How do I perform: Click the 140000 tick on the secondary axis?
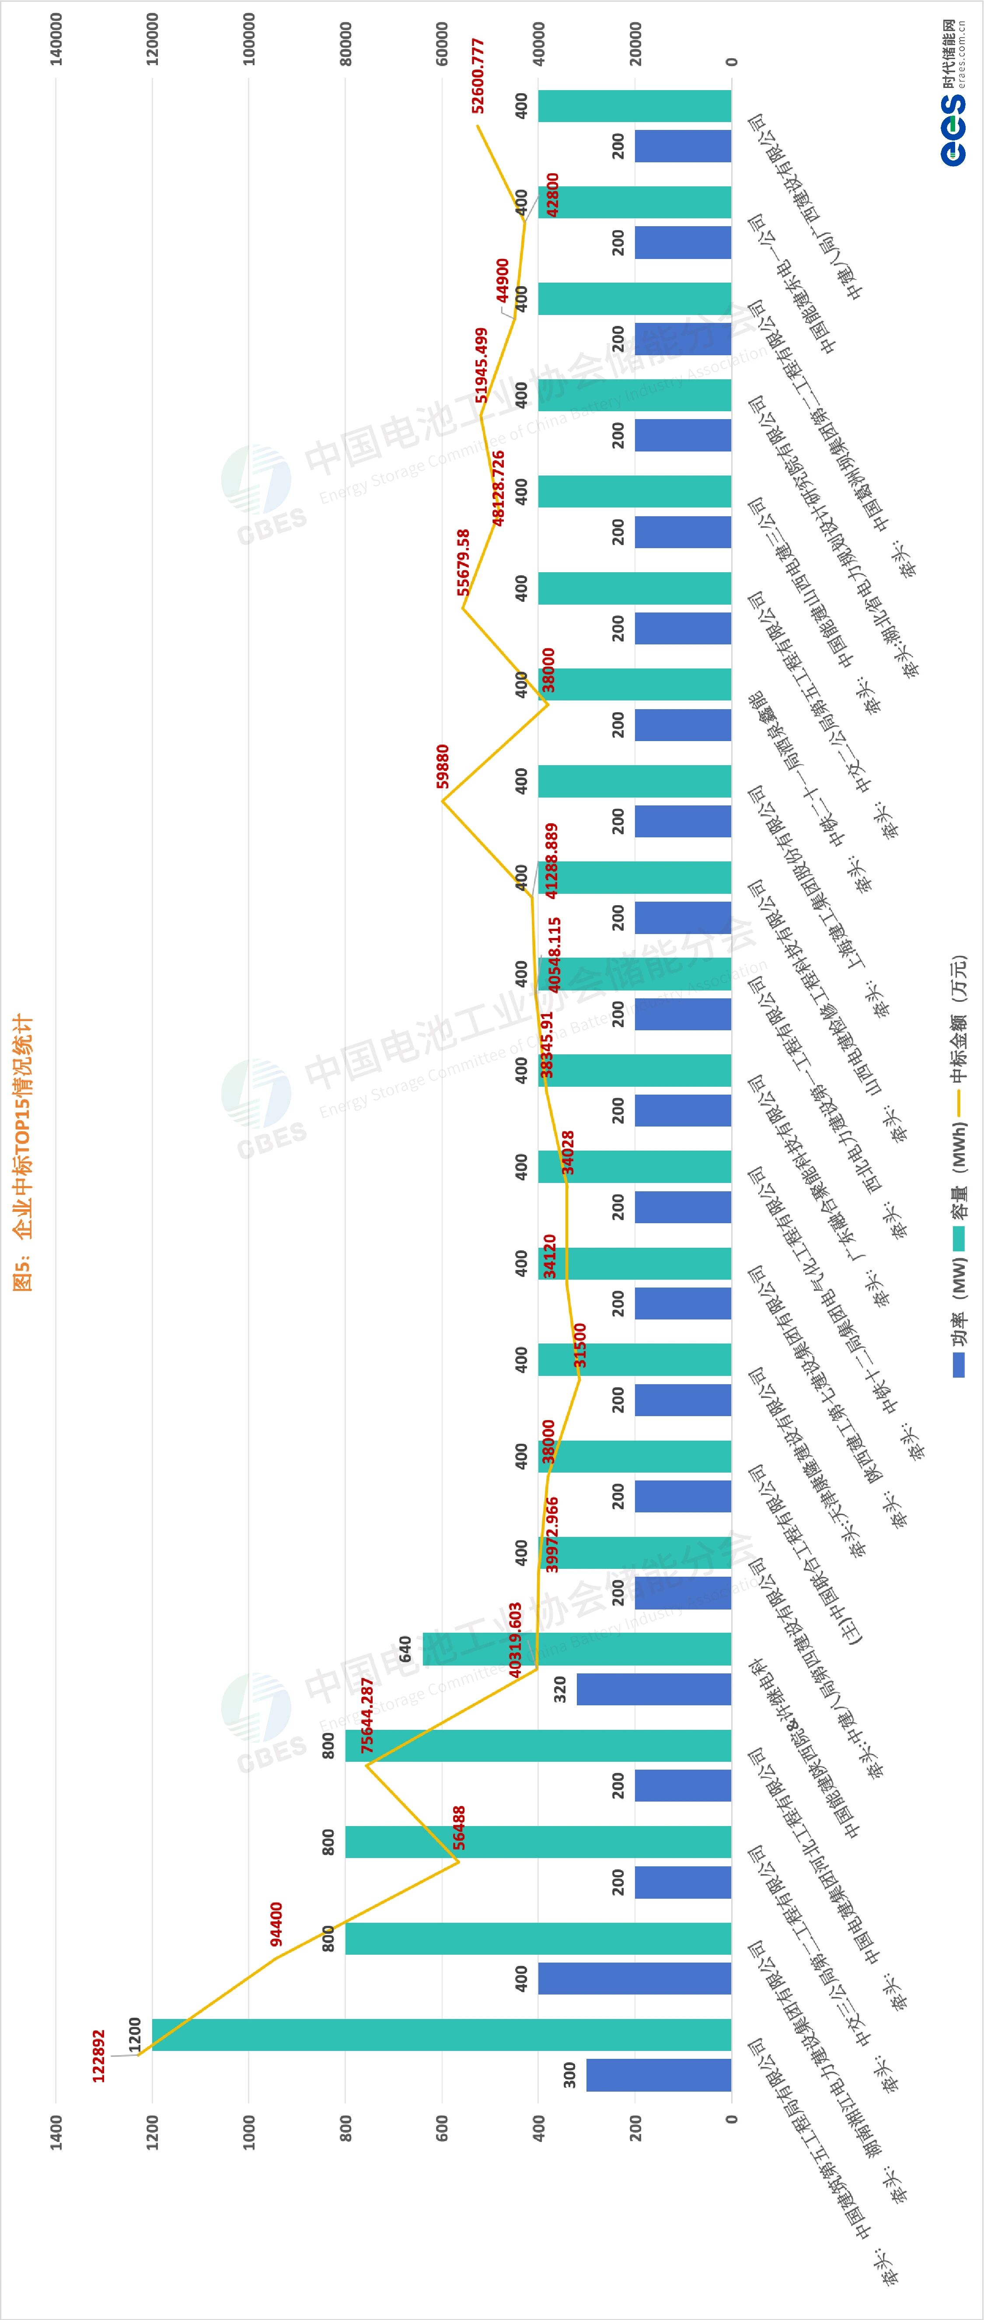pos(56,38)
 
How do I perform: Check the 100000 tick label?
pos(249,38)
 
